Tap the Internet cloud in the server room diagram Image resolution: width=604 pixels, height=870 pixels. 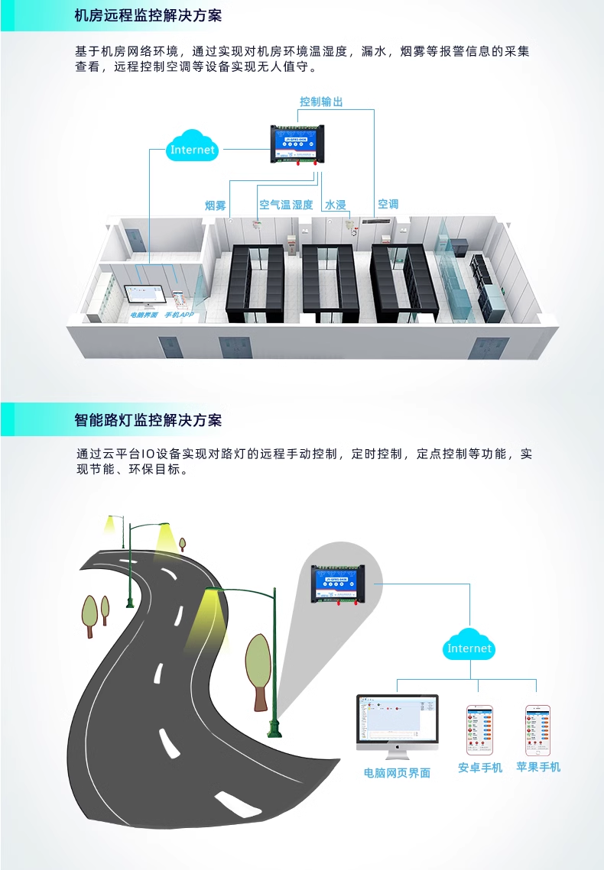[193, 150]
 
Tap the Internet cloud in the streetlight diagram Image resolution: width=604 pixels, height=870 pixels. [469, 648]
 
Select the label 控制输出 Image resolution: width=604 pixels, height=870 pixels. [321, 102]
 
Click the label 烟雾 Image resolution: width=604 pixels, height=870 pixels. [216, 205]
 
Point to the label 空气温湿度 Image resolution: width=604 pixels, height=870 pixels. [286, 205]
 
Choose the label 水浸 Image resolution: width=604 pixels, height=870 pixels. [336, 205]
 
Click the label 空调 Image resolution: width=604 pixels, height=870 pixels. [388, 205]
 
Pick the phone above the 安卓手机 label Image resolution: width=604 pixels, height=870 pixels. [480, 730]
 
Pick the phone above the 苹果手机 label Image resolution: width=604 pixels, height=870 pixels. [538, 730]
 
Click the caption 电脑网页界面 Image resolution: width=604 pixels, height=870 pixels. [397, 773]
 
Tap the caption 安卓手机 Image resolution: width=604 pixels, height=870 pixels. [480, 768]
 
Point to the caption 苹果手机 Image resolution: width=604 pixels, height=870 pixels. [538, 767]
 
